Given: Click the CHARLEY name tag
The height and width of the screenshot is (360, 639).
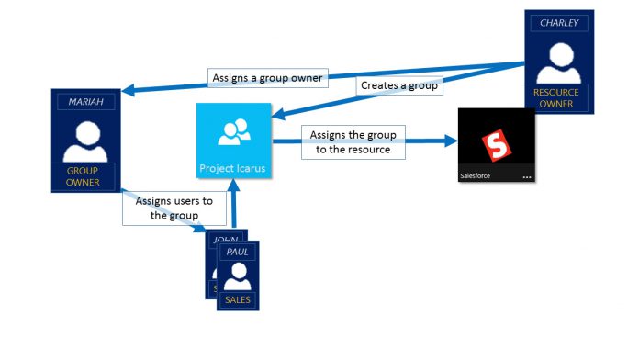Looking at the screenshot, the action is pyautogui.click(x=559, y=23).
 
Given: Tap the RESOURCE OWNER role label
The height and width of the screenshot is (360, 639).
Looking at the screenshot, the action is pyautogui.click(x=555, y=98).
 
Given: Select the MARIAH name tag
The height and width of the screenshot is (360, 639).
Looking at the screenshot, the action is pyautogui.click(x=86, y=102).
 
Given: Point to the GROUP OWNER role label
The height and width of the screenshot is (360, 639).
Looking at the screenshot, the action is pyautogui.click(x=83, y=176).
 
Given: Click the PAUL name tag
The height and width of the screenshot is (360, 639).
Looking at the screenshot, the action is pyautogui.click(x=237, y=252).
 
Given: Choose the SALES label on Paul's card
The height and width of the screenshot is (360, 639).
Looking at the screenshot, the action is pyautogui.click(x=238, y=299).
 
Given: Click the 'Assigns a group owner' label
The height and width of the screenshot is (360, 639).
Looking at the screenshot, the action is pyautogui.click(x=268, y=78).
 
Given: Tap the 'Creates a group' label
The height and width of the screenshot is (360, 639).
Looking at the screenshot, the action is pyautogui.click(x=399, y=85).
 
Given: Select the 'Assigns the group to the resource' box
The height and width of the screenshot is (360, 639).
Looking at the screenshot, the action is pyautogui.click(x=353, y=141).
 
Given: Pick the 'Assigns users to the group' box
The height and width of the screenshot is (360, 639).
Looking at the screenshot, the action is pyautogui.click(x=174, y=208).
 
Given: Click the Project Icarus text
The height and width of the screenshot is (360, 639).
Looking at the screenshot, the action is pyautogui.click(x=232, y=168).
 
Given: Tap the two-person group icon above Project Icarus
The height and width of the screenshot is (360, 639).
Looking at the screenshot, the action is pyautogui.click(x=234, y=131).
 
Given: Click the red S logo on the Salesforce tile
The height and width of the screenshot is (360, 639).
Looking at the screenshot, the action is pyautogui.click(x=497, y=145).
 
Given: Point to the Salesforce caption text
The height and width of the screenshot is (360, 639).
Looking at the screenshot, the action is pyautogui.click(x=476, y=176).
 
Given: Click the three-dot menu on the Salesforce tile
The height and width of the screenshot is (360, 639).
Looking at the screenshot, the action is pyautogui.click(x=527, y=177).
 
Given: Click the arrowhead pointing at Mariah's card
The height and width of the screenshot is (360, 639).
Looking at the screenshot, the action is pyautogui.click(x=129, y=90).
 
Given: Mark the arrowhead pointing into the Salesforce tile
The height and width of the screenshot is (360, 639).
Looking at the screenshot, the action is pyautogui.click(x=451, y=141).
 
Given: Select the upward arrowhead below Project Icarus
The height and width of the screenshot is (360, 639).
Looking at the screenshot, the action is pyautogui.click(x=234, y=186).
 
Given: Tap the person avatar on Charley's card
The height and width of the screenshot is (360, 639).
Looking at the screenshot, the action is pyautogui.click(x=559, y=63).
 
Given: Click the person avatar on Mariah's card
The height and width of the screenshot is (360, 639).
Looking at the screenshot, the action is pyautogui.click(x=86, y=141).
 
